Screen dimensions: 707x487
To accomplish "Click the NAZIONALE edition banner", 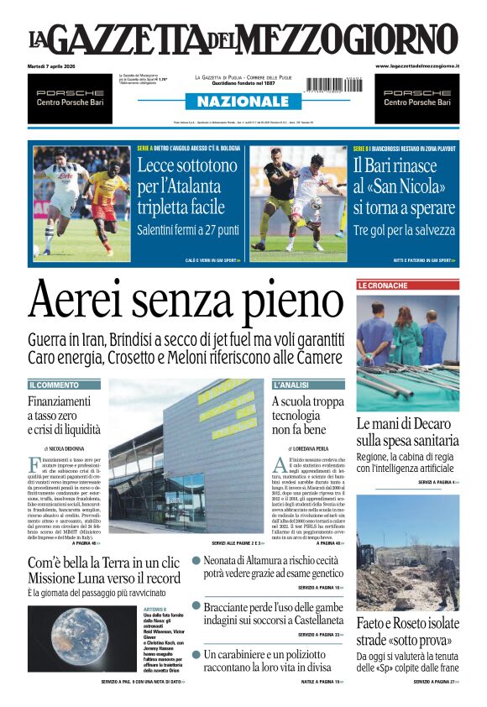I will pyautogui.click(x=243, y=102).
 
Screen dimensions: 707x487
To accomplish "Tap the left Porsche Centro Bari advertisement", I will pyautogui.click(x=70, y=98).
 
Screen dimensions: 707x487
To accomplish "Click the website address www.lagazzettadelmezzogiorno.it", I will pyautogui.click(x=416, y=65).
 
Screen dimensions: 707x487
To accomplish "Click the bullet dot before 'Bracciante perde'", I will pyautogui.click(x=196, y=605).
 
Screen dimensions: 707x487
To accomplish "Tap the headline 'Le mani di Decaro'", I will pyautogui.click(x=407, y=432).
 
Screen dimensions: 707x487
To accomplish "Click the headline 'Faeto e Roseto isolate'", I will pyautogui.click(x=407, y=631).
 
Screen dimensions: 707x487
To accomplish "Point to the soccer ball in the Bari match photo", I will pyautogui.click(x=317, y=203).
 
